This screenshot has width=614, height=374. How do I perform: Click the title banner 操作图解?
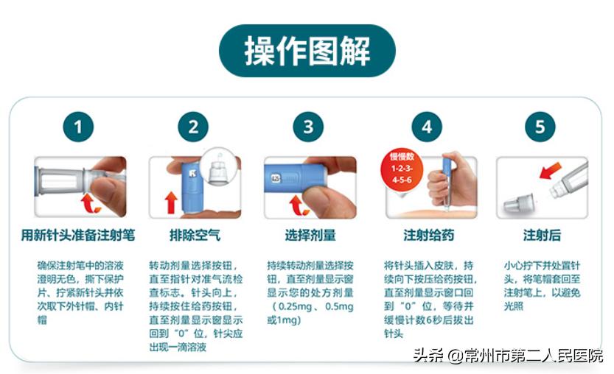point(307,51)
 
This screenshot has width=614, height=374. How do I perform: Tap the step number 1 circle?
point(78,127)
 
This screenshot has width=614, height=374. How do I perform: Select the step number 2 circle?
point(193,127)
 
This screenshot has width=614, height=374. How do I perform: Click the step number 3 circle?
point(308,127)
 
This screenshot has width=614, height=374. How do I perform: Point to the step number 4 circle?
point(426,127)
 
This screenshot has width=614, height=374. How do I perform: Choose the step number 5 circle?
point(540,127)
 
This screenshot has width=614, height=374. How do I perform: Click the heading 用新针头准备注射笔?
point(78,236)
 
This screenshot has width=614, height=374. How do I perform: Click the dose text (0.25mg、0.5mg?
point(310,306)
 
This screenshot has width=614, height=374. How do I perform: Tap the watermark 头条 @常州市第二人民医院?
point(508,356)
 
